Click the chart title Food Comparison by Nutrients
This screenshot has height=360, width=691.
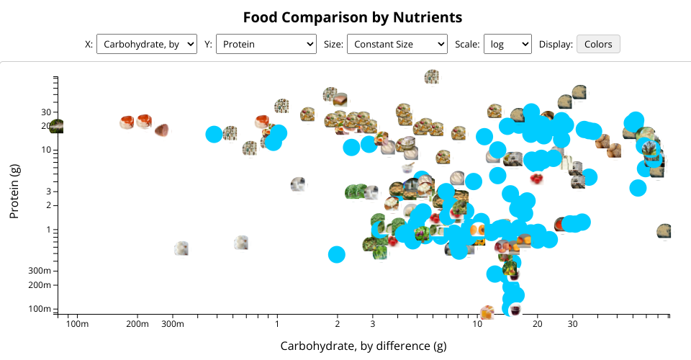352,17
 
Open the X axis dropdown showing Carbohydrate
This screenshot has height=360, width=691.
146,44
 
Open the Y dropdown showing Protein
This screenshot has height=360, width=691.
266,44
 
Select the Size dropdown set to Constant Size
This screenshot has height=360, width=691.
397,44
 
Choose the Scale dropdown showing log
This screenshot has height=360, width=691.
507,44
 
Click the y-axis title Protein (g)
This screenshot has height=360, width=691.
14,191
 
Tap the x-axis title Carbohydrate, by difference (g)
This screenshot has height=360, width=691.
363,346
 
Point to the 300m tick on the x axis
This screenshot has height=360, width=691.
173,325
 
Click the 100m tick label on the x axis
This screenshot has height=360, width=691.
77,325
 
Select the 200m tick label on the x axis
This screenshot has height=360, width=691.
137,325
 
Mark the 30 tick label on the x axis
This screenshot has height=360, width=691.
572,325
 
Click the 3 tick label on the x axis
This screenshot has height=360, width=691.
372,325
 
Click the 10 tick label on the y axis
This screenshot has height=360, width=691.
45,150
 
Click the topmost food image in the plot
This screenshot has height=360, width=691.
432,77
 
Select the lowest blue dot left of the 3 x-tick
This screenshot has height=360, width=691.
336,254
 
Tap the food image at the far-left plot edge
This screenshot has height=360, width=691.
56,127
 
